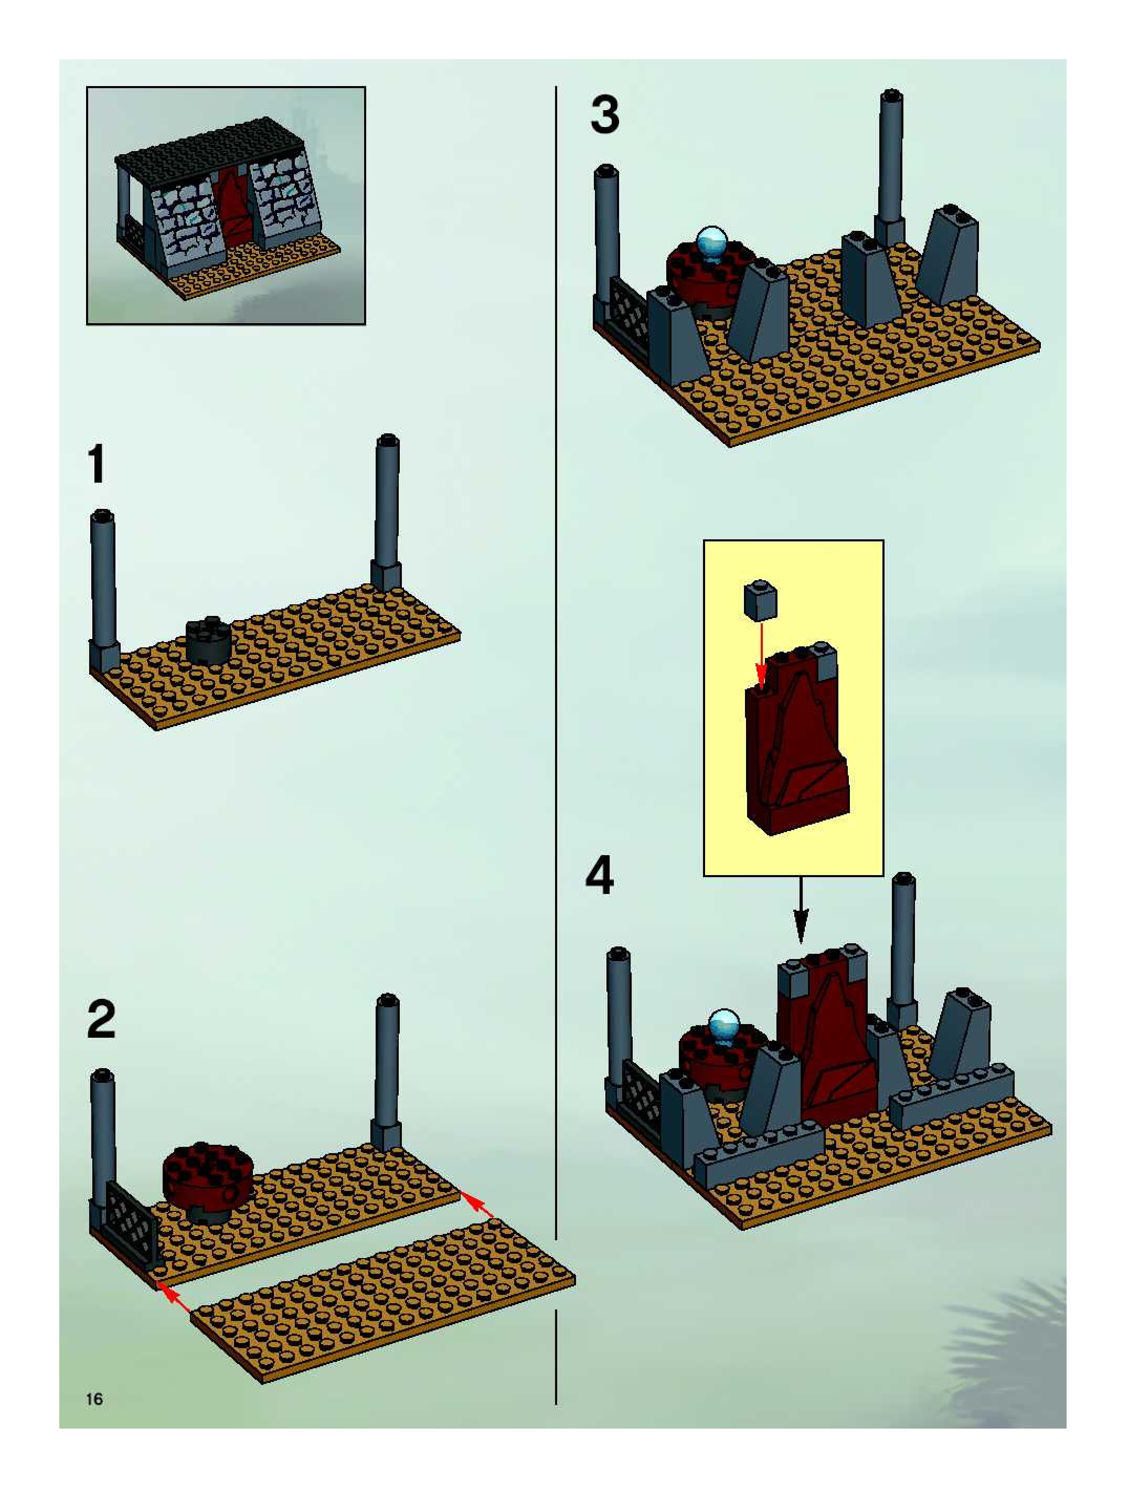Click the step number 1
tap(98, 464)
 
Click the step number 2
tap(101, 1020)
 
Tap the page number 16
tap(94, 1399)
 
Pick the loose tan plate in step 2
tap(384, 1304)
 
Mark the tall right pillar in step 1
tap(387, 512)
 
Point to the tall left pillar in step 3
tap(606, 236)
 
